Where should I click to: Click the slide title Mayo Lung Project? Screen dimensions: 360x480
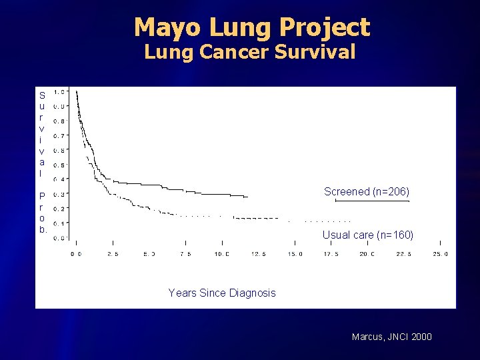251,27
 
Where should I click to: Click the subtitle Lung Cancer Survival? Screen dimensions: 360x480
250,53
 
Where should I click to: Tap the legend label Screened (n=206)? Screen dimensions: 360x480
366,191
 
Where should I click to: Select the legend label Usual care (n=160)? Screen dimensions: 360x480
367,235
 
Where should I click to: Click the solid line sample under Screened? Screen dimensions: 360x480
371,201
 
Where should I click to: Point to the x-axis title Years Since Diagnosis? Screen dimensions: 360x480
222,293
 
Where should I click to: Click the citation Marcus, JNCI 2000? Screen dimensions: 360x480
391,337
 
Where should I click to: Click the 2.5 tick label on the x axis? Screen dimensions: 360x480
113,254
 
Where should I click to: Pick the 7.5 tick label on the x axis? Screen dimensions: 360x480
185,254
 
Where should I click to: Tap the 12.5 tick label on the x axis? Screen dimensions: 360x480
258,254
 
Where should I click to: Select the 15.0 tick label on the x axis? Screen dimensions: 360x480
295,254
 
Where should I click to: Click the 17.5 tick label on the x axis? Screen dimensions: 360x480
331,254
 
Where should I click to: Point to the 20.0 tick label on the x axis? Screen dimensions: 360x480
367,254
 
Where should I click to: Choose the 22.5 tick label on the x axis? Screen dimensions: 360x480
404,254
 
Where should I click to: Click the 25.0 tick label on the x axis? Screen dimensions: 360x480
440,254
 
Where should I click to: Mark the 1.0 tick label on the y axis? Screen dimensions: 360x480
59,92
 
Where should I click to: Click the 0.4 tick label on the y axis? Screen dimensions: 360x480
59,179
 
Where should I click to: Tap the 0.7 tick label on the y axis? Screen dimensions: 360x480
59,136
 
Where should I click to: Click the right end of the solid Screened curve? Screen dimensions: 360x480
247,197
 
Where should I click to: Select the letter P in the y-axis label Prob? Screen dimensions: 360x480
42,197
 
